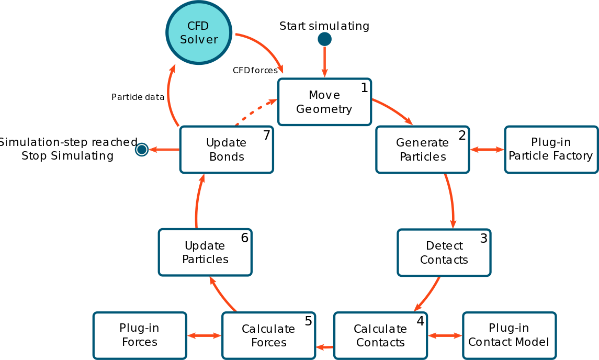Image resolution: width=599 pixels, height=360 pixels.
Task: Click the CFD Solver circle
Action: point(199,32)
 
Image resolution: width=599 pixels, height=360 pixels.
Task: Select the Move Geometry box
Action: point(324,102)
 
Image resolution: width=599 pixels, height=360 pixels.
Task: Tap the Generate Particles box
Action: point(422,150)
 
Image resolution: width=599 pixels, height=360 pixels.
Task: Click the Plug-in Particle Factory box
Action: point(551,150)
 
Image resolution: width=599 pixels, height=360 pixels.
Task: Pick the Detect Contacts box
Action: point(444,253)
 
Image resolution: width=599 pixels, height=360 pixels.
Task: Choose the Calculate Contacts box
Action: point(380,336)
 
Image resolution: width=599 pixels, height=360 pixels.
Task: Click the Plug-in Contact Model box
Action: point(509,335)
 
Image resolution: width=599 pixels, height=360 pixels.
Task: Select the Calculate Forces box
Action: point(268,336)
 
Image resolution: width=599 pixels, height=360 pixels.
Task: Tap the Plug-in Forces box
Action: point(140,335)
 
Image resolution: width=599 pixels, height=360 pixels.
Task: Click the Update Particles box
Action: point(205,252)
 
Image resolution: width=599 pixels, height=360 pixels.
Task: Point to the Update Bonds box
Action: point(227,150)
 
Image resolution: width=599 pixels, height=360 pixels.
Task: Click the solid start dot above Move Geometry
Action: point(324,39)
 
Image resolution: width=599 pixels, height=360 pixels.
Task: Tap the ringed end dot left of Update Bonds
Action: point(142,150)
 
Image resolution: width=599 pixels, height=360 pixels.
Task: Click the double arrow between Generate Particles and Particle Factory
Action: point(487,150)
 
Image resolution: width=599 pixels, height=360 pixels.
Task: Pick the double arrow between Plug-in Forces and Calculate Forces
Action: point(204,335)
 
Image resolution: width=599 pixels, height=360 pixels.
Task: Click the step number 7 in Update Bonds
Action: point(267,136)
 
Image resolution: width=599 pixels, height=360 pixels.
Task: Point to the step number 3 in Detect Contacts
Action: point(483,239)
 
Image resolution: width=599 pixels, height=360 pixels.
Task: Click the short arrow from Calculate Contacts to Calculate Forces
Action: point(324,347)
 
